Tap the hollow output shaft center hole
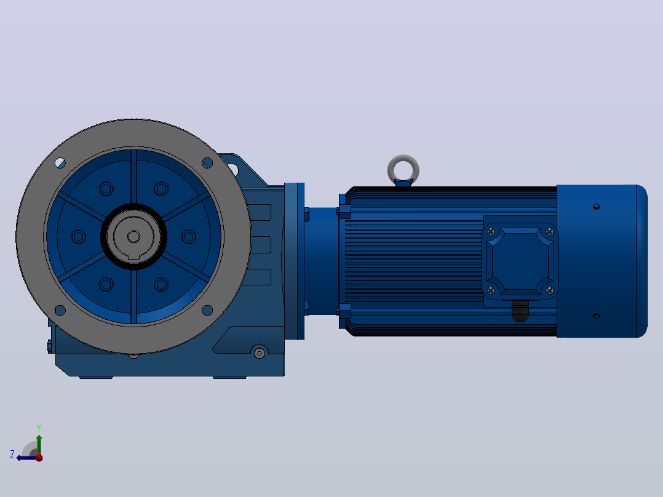(133, 236)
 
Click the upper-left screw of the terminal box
(491, 232)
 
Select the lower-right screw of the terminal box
(550, 290)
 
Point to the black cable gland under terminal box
(520, 311)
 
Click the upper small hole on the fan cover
(597, 207)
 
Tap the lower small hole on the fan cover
(597, 316)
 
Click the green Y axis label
(39, 427)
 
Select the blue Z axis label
(12, 455)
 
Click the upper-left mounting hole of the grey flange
(60, 163)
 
